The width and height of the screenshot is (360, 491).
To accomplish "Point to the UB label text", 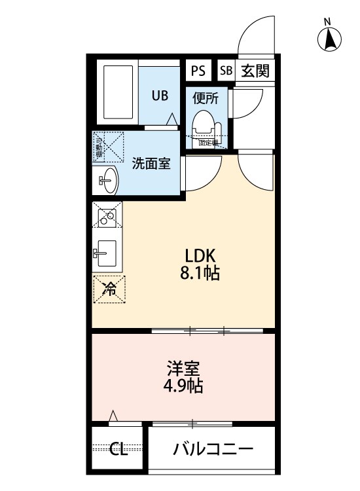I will click(160, 96).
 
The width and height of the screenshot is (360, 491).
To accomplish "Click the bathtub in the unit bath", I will click(117, 92).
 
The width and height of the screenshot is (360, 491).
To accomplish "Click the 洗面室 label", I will click(151, 163).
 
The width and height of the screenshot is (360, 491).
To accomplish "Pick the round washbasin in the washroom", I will click(107, 179).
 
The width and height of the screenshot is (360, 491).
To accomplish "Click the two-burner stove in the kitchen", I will click(107, 213).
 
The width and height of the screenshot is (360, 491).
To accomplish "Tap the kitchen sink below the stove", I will click(105, 251).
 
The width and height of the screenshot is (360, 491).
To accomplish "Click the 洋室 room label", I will click(183, 368).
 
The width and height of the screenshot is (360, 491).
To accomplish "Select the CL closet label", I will click(118, 449).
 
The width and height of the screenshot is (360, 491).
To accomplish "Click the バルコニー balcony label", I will click(213, 449).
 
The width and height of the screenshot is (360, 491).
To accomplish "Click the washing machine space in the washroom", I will click(108, 146).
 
